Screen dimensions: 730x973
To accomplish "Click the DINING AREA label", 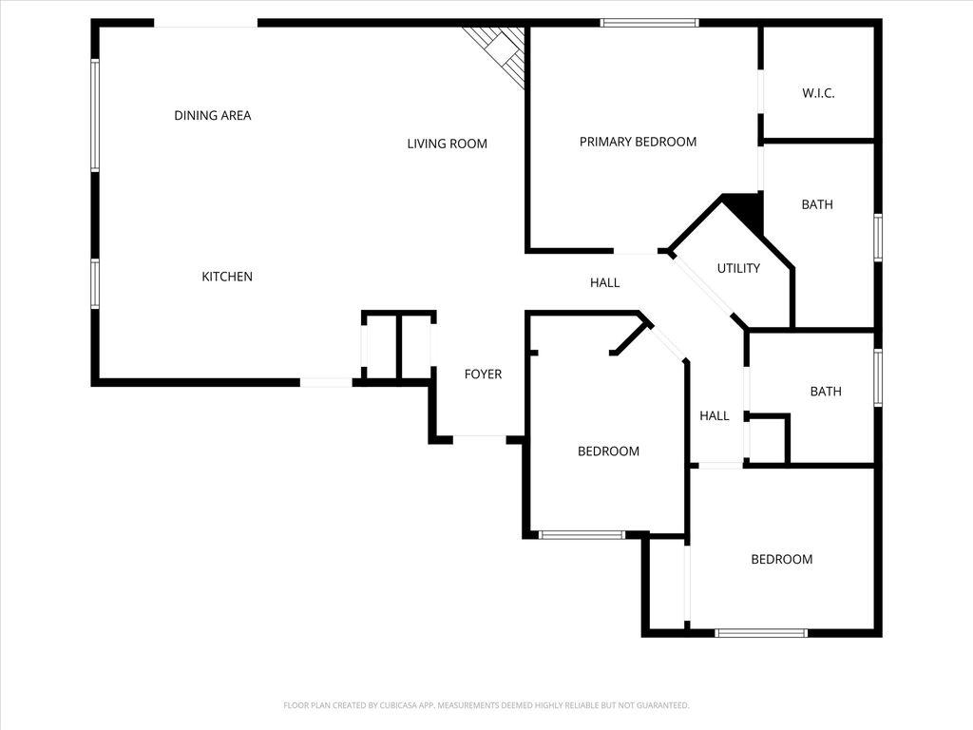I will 212,116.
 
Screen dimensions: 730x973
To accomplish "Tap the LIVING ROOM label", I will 447,144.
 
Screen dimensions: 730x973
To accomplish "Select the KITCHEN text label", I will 227,277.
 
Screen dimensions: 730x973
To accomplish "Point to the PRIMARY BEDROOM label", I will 638,142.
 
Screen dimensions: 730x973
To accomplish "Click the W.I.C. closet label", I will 818,93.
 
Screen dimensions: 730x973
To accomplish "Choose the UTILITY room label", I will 738,269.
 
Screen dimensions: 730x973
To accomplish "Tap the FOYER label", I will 483,375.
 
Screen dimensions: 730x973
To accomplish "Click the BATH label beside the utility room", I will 817,204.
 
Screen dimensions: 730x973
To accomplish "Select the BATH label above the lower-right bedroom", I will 825,392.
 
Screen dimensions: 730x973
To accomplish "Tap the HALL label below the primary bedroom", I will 604,282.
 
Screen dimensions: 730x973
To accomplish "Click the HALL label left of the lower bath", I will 715,415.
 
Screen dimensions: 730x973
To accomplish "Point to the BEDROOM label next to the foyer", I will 608,451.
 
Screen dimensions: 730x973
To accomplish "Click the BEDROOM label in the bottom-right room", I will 781,560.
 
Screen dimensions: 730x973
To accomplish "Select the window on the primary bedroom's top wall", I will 650,22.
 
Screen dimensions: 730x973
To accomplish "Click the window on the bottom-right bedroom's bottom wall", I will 761,632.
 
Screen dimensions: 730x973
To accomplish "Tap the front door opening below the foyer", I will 479,438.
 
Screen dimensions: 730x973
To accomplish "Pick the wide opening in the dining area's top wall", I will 206,24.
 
